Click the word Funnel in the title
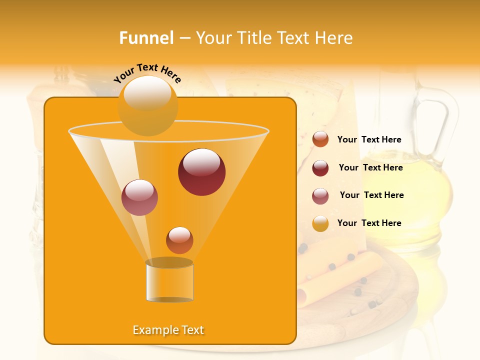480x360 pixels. pyautogui.click(x=146, y=38)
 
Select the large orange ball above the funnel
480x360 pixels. pyautogui.click(x=147, y=105)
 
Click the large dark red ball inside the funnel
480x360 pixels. pyautogui.click(x=201, y=172)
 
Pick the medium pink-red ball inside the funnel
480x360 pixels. pyautogui.click(x=139, y=197)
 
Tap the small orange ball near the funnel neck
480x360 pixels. pyautogui.click(x=179, y=240)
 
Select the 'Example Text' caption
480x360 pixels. pyautogui.click(x=168, y=330)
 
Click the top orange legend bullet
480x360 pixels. pyautogui.click(x=320, y=139)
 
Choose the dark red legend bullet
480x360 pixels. pyautogui.click(x=320, y=168)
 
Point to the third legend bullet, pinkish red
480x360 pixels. pyautogui.click(x=320, y=195)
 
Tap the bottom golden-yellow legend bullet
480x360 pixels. pyautogui.click(x=320, y=223)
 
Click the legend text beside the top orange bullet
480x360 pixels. pyautogui.click(x=369, y=139)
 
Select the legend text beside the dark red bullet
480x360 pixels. pyautogui.click(x=370, y=167)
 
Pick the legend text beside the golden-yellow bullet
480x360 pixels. pyautogui.click(x=369, y=223)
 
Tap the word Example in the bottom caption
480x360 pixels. pyautogui.click(x=153, y=330)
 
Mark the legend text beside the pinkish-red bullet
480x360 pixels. pyautogui.click(x=371, y=195)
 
